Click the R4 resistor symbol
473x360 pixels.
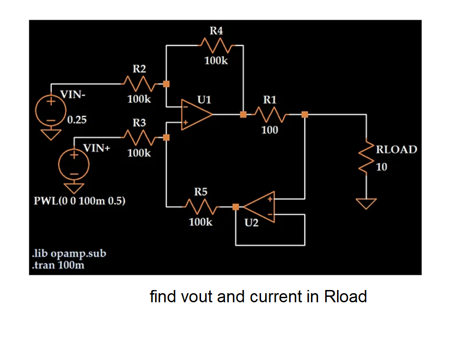tap(217, 45)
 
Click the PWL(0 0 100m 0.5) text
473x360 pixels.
tap(80, 200)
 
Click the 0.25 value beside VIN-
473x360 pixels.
tap(77, 120)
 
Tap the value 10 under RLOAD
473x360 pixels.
tap(382, 167)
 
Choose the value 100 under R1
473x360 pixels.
tap(270, 130)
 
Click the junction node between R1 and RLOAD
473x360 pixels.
tap(305, 115)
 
